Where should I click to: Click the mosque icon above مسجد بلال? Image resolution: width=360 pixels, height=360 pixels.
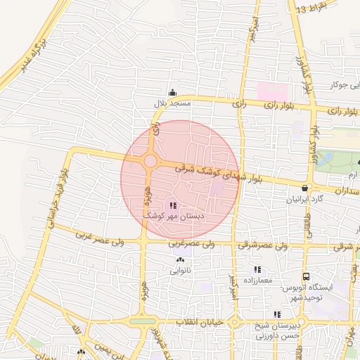(x=172, y=92)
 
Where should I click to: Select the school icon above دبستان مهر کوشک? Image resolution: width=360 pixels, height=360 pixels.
(x=173, y=205)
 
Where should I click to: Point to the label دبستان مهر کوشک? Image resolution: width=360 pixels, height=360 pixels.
(x=173, y=217)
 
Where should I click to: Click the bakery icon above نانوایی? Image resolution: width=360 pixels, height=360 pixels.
(x=178, y=259)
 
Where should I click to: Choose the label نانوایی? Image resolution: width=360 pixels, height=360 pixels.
(x=179, y=270)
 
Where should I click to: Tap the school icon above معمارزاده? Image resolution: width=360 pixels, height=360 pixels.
(x=257, y=269)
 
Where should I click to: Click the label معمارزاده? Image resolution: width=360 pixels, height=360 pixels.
(x=257, y=281)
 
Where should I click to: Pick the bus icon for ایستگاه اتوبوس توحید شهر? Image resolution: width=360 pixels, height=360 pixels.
(x=306, y=276)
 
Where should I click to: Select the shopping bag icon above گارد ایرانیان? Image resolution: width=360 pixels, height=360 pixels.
(x=304, y=188)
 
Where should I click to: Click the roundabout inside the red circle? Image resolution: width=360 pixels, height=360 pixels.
(x=150, y=161)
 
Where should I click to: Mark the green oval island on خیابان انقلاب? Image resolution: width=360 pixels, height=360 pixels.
(x=143, y=321)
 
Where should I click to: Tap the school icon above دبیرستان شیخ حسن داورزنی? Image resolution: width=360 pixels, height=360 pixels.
(x=277, y=315)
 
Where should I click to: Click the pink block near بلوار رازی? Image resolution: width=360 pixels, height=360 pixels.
(x=273, y=92)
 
